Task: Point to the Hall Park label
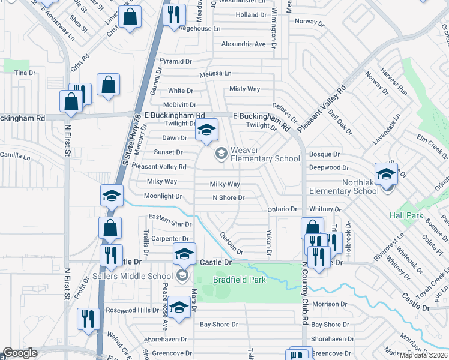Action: click(406, 215)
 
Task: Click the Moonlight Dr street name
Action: click(163, 196)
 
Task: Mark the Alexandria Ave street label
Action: click(243, 44)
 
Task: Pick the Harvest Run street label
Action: click(393, 84)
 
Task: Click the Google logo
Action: click(20, 353)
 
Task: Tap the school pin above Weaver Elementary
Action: click(206, 130)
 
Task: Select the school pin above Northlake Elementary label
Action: click(386, 175)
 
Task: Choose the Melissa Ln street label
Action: click(215, 73)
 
